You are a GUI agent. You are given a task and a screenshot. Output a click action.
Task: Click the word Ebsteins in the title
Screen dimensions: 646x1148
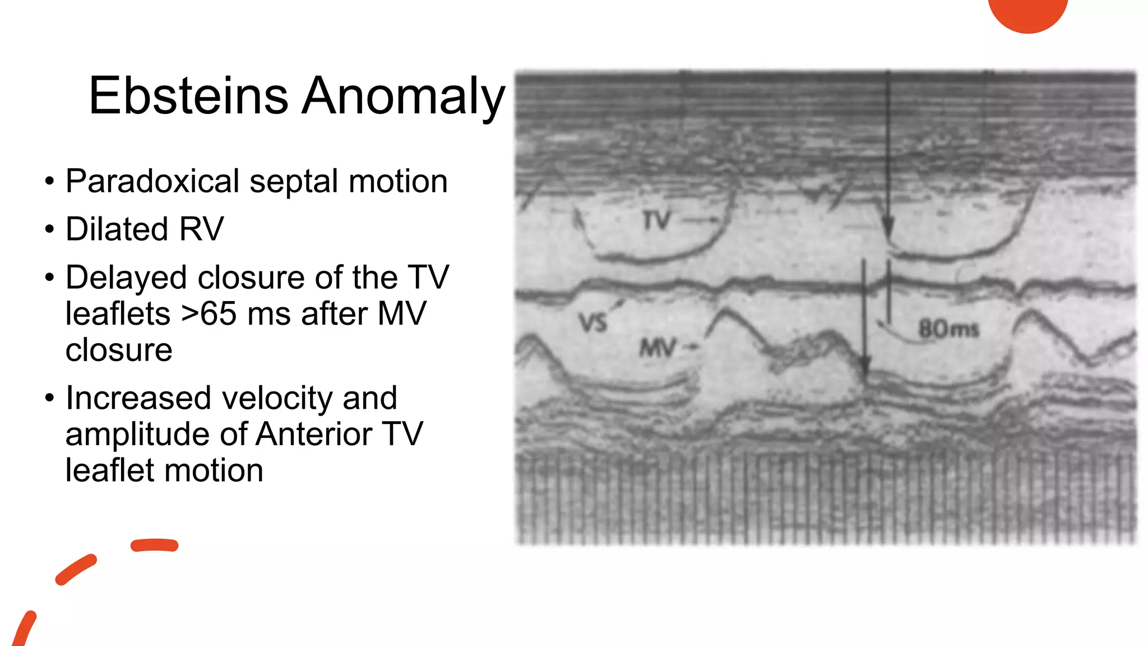pos(188,96)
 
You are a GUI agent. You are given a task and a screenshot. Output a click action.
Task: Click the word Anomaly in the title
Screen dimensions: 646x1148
pos(404,96)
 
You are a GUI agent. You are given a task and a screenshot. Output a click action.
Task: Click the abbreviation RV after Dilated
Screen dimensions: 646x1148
pos(201,229)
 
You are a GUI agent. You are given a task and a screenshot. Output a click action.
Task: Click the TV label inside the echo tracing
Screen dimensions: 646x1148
pos(657,220)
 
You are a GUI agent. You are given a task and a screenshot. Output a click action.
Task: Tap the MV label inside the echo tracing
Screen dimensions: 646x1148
pos(658,348)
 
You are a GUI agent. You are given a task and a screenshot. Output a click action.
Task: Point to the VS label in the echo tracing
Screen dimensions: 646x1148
pos(593,322)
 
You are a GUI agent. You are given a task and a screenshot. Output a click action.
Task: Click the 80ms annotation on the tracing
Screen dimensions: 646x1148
pos(948,329)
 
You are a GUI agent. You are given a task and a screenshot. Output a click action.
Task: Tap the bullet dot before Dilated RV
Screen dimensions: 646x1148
pos(50,230)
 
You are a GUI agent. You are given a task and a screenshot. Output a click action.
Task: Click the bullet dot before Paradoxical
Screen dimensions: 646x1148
pos(50,182)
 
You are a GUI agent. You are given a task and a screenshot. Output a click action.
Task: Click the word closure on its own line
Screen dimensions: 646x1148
pos(119,350)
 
